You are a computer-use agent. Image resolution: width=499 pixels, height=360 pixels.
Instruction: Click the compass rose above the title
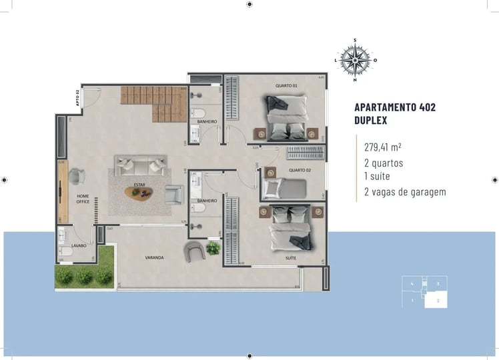click(x=355, y=60)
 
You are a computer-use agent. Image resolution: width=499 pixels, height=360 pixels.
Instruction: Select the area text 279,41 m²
click(x=382, y=147)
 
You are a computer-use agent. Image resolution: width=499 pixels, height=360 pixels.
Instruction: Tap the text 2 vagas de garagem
click(x=404, y=192)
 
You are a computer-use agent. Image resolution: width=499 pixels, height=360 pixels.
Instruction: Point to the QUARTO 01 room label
click(x=286, y=85)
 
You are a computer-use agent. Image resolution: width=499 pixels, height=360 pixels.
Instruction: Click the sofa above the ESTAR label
click(x=140, y=164)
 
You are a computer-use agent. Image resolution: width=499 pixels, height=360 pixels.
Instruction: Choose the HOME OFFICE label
click(x=83, y=199)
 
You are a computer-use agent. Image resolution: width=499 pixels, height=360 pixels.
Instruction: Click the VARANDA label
click(x=155, y=257)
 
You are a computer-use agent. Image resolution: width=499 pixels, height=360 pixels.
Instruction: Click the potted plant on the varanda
click(x=213, y=248)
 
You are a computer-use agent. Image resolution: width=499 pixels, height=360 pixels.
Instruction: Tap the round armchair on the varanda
click(x=195, y=252)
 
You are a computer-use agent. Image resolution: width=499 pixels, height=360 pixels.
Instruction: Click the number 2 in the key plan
click(x=437, y=301)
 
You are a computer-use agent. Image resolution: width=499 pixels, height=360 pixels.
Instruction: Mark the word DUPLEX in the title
click(x=372, y=121)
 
